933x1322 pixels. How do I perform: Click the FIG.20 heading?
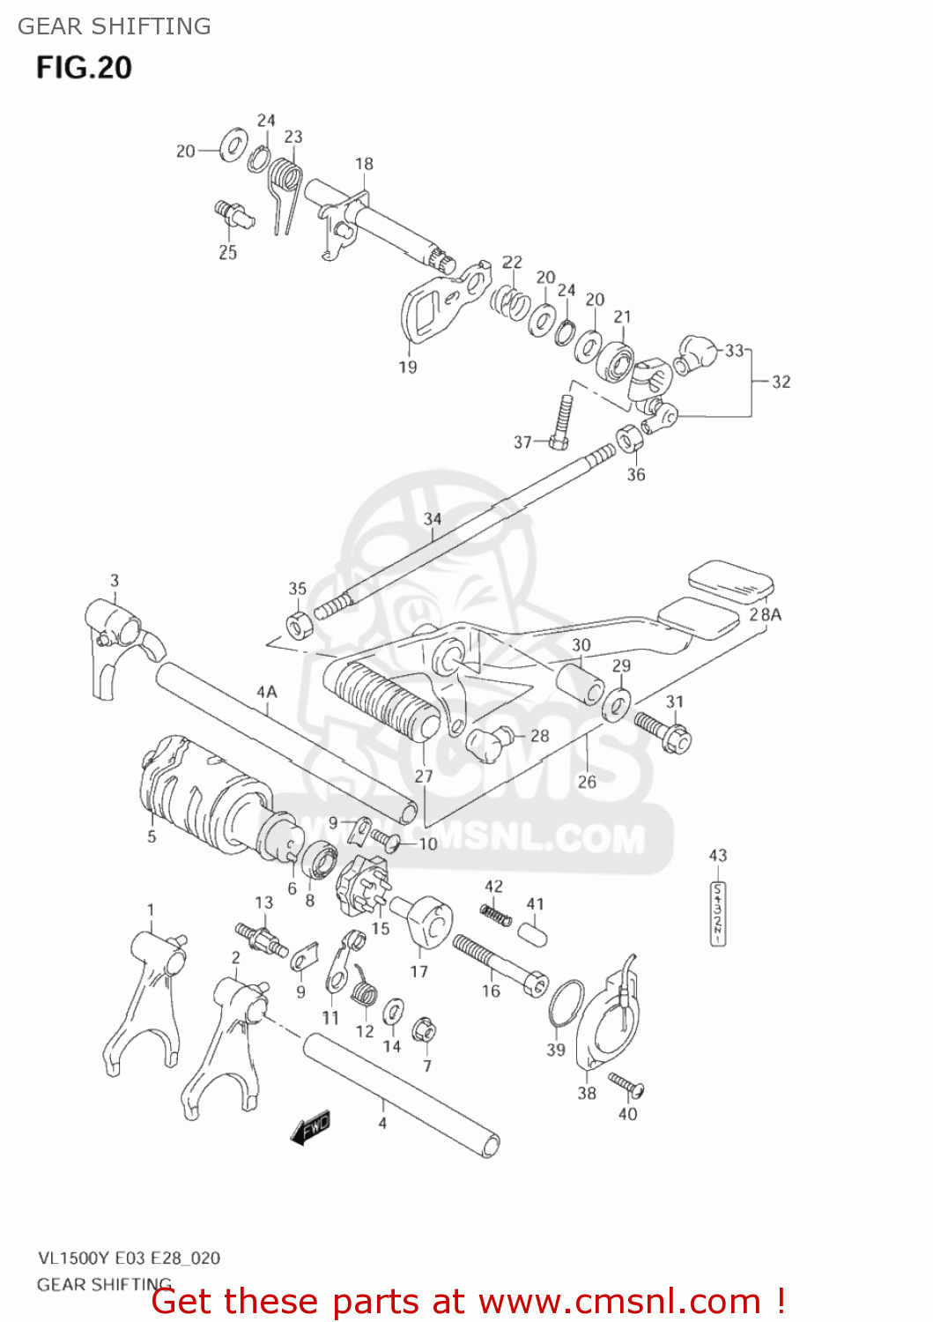(84, 68)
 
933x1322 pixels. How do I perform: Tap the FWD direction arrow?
(311, 1126)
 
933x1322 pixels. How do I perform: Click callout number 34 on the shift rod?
(432, 518)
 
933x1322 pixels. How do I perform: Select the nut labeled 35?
(300, 623)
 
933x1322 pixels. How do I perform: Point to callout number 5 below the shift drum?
(152, 836)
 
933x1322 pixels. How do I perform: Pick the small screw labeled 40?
(626, 1084)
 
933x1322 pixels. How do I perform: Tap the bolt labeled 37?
(562, 421)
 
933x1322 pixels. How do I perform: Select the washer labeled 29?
(618, 704)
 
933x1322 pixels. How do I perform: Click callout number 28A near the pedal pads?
(765, 614)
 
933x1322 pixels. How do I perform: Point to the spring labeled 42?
(496, 915)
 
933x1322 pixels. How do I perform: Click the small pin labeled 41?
(532, 932)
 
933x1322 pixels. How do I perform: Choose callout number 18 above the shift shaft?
(364, 164)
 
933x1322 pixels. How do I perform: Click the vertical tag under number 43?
(718, 913)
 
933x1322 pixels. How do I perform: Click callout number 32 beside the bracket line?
(781, 382)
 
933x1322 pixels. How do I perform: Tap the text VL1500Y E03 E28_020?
(129, 1258)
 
